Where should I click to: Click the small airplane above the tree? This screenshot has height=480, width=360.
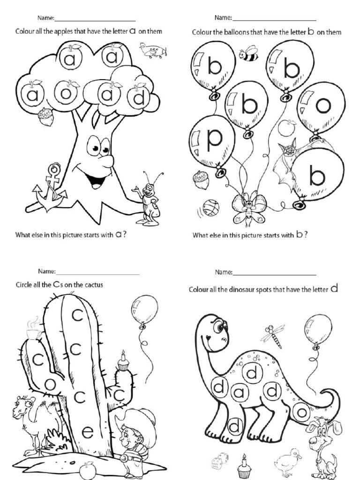153,50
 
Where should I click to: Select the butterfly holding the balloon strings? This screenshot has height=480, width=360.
248,207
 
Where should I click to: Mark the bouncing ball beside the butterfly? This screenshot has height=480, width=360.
210,207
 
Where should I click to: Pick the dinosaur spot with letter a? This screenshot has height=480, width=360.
239,392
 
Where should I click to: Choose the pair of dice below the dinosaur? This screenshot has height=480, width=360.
218,461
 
